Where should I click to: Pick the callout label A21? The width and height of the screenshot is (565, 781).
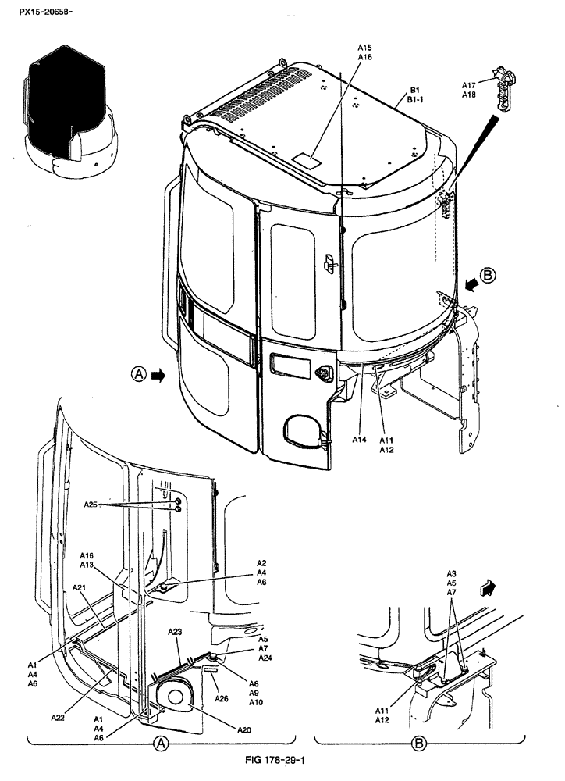pos(80,587)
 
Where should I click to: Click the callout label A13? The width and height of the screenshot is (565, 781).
pos(87,565)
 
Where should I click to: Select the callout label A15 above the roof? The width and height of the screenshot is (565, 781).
pos(364,47)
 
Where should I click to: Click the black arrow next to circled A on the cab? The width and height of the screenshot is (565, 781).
pos(158,376)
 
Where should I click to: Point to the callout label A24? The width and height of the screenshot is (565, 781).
pos(265,658)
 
